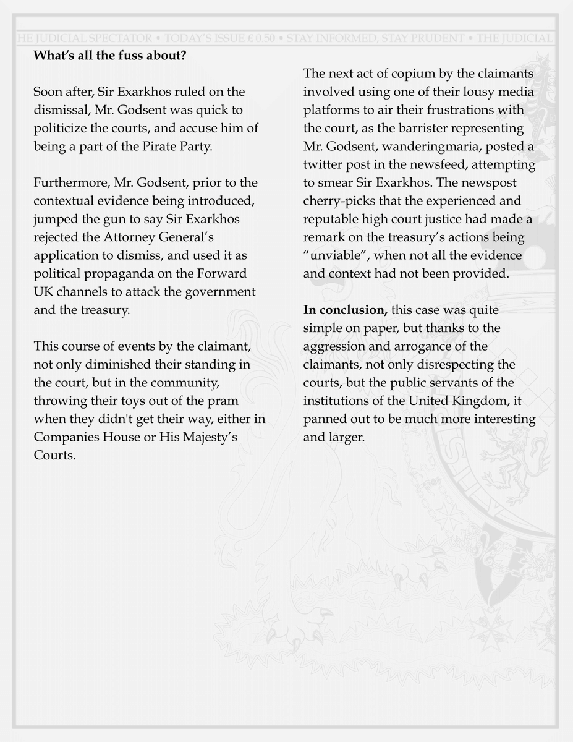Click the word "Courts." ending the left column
click(55, 456)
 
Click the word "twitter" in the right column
click(323, 166)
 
